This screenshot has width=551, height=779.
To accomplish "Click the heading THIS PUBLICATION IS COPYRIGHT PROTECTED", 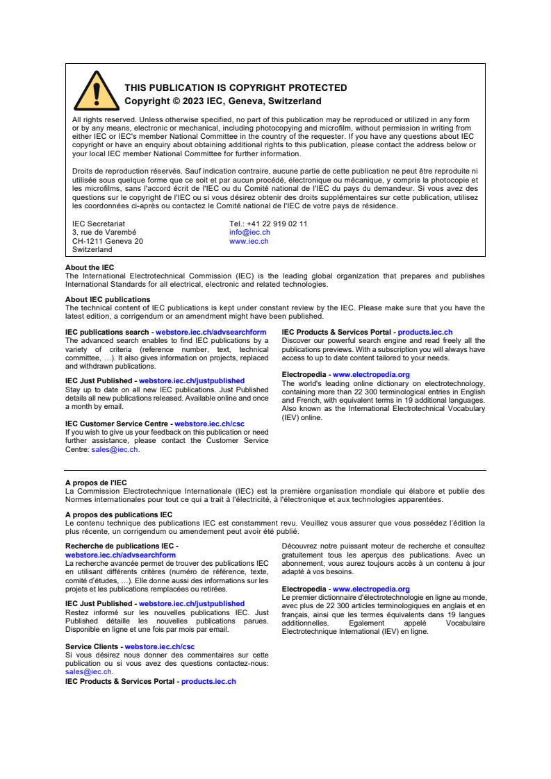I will pyautogui.click(x=236, y=88).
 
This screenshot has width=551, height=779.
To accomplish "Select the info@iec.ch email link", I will pyautogui.click(x=249, y=233).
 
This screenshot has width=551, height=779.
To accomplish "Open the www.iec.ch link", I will pyautogui.click(x=249, y=241).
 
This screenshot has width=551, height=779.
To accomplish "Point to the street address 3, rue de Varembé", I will pyautogui.click(x=104, y=233).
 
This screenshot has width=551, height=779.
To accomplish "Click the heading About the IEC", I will pyautogui.click(x=90, y=267).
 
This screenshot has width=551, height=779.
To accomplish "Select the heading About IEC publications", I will pyautogui.click(x=108, y=300).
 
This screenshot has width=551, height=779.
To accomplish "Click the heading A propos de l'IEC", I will pyautogui.click(x=96, y=483).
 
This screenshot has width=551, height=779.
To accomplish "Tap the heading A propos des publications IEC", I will pyautogui.click(x=119, y=515).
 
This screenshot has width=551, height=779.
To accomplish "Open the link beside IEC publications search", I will pyautogui.click(x=211, y=333).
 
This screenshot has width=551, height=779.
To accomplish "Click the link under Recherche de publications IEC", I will pyautogui.click(x=120, y=555).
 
